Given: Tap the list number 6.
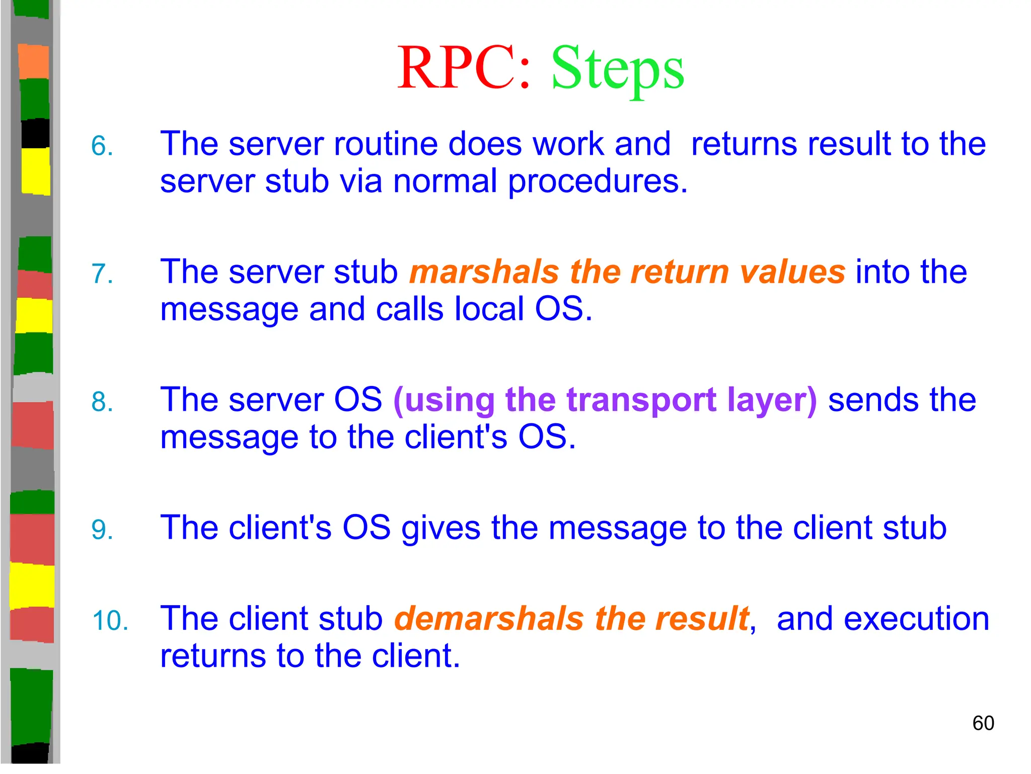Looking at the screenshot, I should (102, 147).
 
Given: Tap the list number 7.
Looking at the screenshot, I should (102, 274).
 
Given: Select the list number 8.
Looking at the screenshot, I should (102, 402).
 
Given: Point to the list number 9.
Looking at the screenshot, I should (102, 530).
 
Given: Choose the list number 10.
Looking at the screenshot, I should (110, 621).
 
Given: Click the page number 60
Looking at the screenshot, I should (983, 723).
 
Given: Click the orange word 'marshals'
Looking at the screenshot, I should (483, 272).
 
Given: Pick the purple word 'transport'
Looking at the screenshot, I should (641, 401).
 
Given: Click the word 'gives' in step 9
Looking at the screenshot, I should (440, 529).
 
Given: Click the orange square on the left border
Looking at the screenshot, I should (34, 61).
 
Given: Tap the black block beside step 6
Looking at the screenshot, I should (35, 133).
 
